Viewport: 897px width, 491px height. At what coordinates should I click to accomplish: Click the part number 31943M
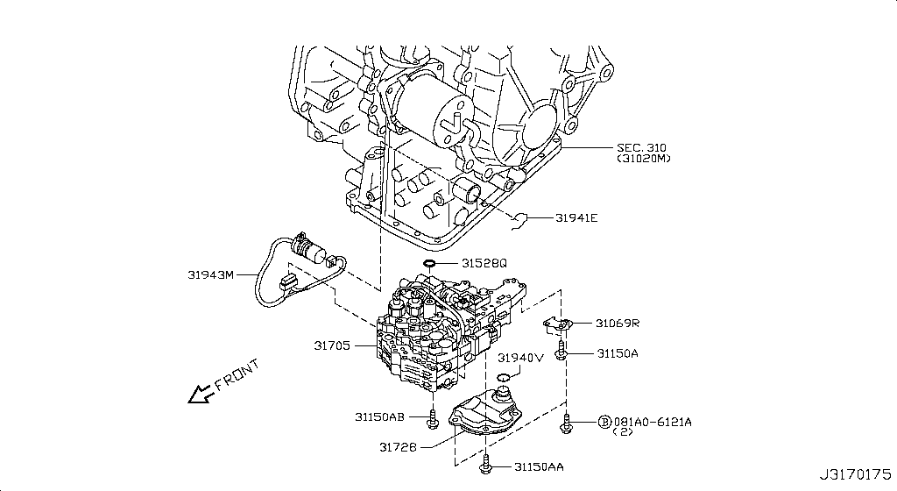pyautogui.click(x=211, y=274)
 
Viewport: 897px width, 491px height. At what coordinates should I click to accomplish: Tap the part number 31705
pyautogui.click(x=333, y=346)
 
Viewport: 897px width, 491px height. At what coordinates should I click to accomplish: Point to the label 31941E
pyautogui.click(x=576, y=217)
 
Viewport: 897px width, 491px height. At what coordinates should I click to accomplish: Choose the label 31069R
pyautogui.click(x=618, y=324)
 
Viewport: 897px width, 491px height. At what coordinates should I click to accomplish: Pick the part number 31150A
pyautogui.click(x=618, y=352)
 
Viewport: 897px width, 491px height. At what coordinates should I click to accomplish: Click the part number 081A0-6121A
pyautogui.click(x=652, y=422)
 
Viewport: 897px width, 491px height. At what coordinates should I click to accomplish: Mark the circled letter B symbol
pyautogui.click(x=604, y=422)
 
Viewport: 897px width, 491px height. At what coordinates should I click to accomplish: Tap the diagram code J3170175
pyautogui.click(x=856, y=475)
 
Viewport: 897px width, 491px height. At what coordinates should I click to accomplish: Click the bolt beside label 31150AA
pyautogui.click(x=487, y=467)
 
